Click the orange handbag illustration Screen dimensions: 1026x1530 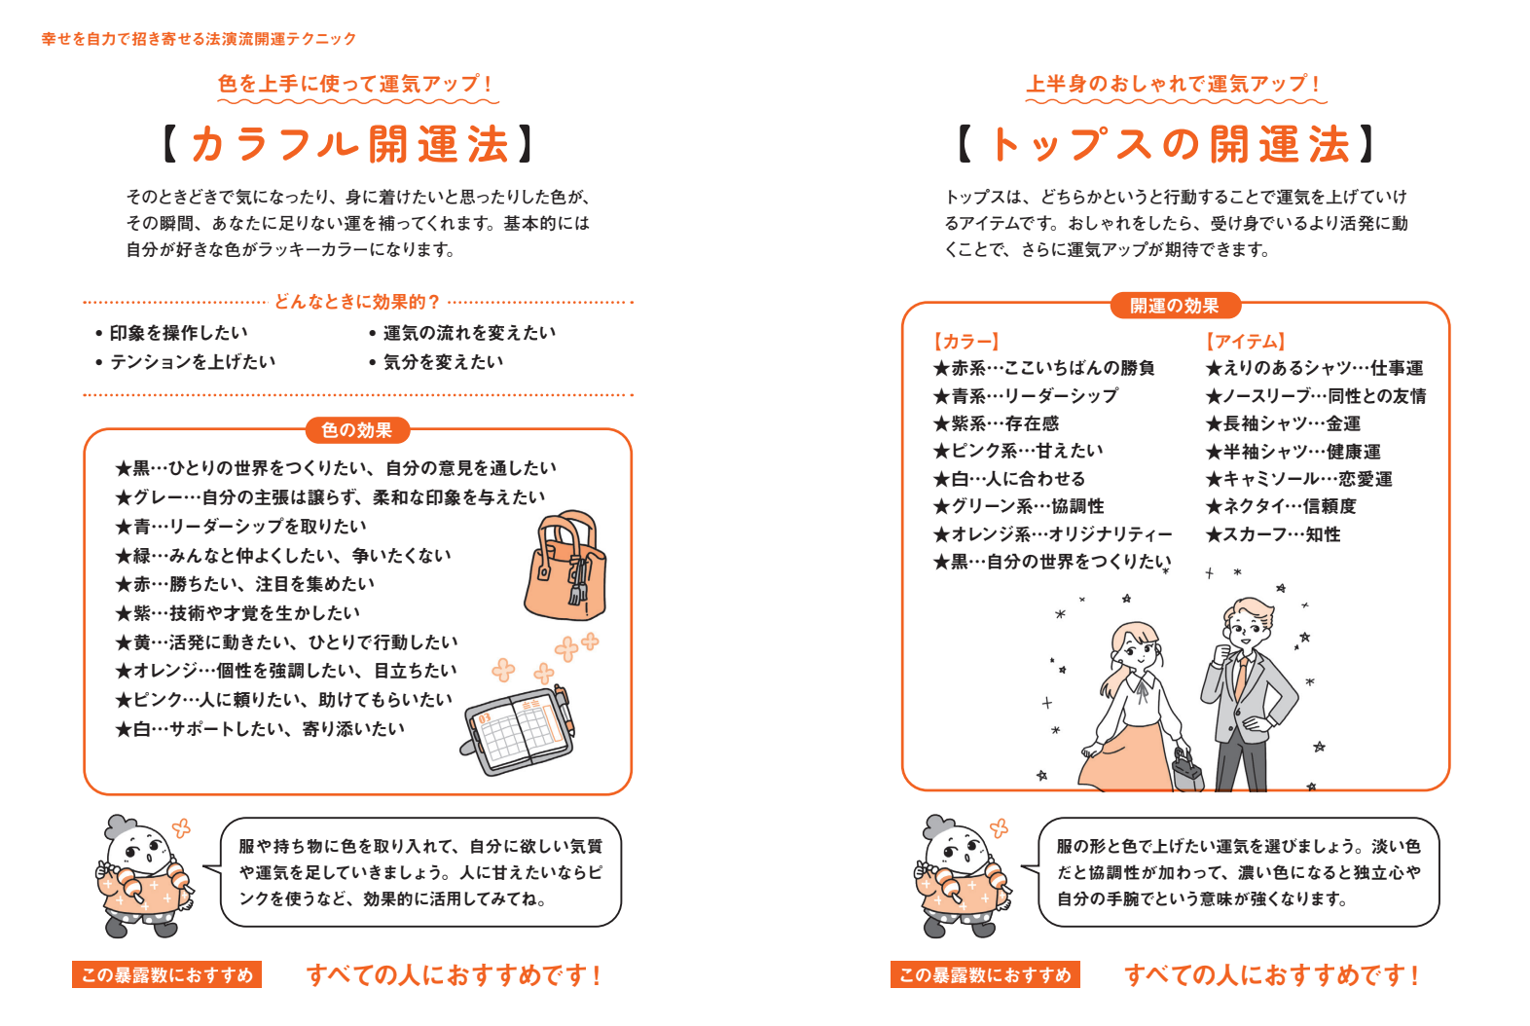click(x=565, y=569)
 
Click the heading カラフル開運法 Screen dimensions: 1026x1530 click(x=349, y=144)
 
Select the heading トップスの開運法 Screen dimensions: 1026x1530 click(x=1168, y=144)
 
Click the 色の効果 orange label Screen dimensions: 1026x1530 click(x=356, y=430)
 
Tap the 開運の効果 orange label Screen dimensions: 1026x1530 click(x=1174, y=306)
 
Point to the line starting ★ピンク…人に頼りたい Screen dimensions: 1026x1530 click(x=283, y=700)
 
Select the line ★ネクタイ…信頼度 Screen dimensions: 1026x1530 click(x=1280, y=506)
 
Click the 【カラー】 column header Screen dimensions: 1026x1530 click(x=965, y=341)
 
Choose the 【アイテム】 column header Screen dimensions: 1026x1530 click(x=1246, y=341)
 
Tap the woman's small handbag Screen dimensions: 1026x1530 click(x=1185, y=771)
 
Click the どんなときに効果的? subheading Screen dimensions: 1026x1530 click(x=356, y=302)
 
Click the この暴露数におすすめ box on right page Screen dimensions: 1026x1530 click(x=985, y=974)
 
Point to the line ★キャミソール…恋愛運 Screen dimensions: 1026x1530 click(x=1298, y=479)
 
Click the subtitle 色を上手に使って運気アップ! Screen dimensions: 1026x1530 click(x=356, y=84)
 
